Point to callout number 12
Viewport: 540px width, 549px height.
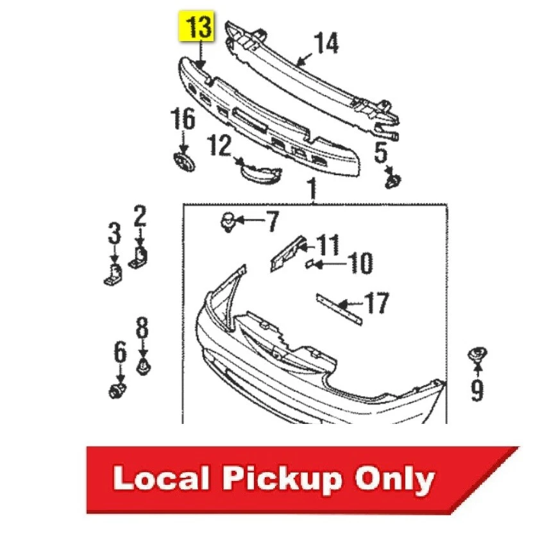(219, 147)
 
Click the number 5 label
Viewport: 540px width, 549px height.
(381, 153)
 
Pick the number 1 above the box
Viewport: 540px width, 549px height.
(312, 190)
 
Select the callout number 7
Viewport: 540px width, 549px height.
(272, 222)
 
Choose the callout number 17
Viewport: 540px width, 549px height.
(376, 303)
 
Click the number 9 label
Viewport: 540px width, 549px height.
(477, 389)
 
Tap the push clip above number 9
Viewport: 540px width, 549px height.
(477, 355)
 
